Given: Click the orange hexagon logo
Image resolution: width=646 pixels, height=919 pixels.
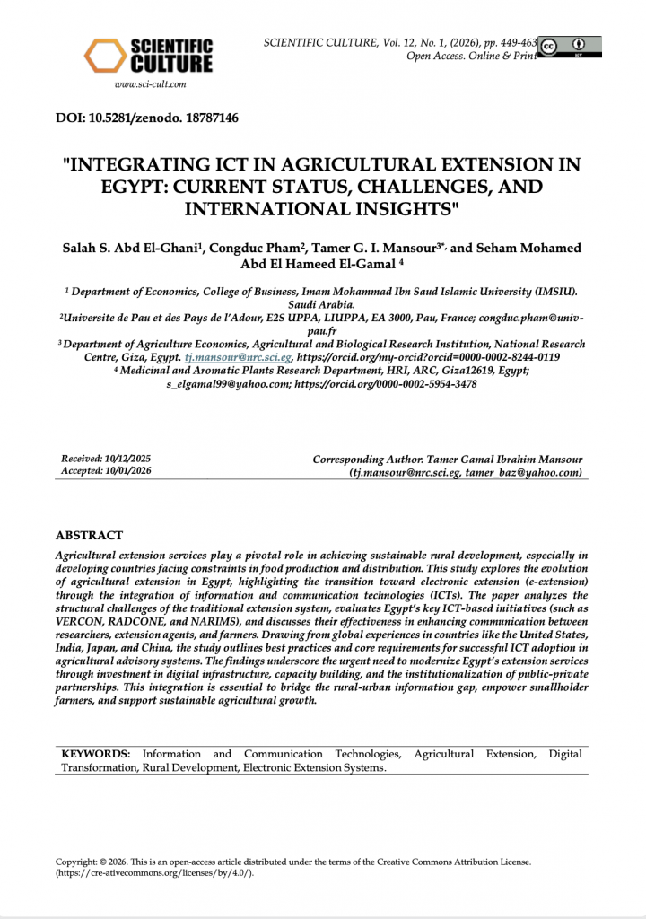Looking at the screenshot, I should tap(104, 56).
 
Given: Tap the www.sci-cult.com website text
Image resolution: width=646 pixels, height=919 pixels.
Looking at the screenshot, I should tap(150, 84).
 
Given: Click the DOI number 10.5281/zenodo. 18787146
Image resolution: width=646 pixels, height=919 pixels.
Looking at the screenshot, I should tap(147, 117).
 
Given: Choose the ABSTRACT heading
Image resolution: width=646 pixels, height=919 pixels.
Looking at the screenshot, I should tap(89, 536).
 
